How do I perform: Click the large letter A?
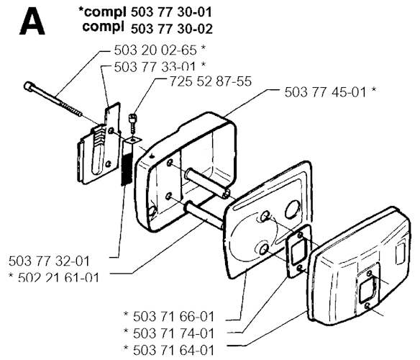pyautogui.click(x=32, y=21)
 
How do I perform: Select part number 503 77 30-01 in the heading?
pyautogui.click(x=171, y=12)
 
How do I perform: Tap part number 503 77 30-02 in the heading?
pyautogui.click(x=172, y=29)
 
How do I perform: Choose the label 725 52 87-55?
pyautogui.click(x=211, y=81)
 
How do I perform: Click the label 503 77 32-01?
pyautogui.click(x=49, y=261)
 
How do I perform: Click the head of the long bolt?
pyautogui.click(x=28, y=86)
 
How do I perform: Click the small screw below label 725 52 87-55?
pyautogui.click(x=133, y=122)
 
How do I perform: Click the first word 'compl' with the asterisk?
pyautogui.click(x=102, y=12)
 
